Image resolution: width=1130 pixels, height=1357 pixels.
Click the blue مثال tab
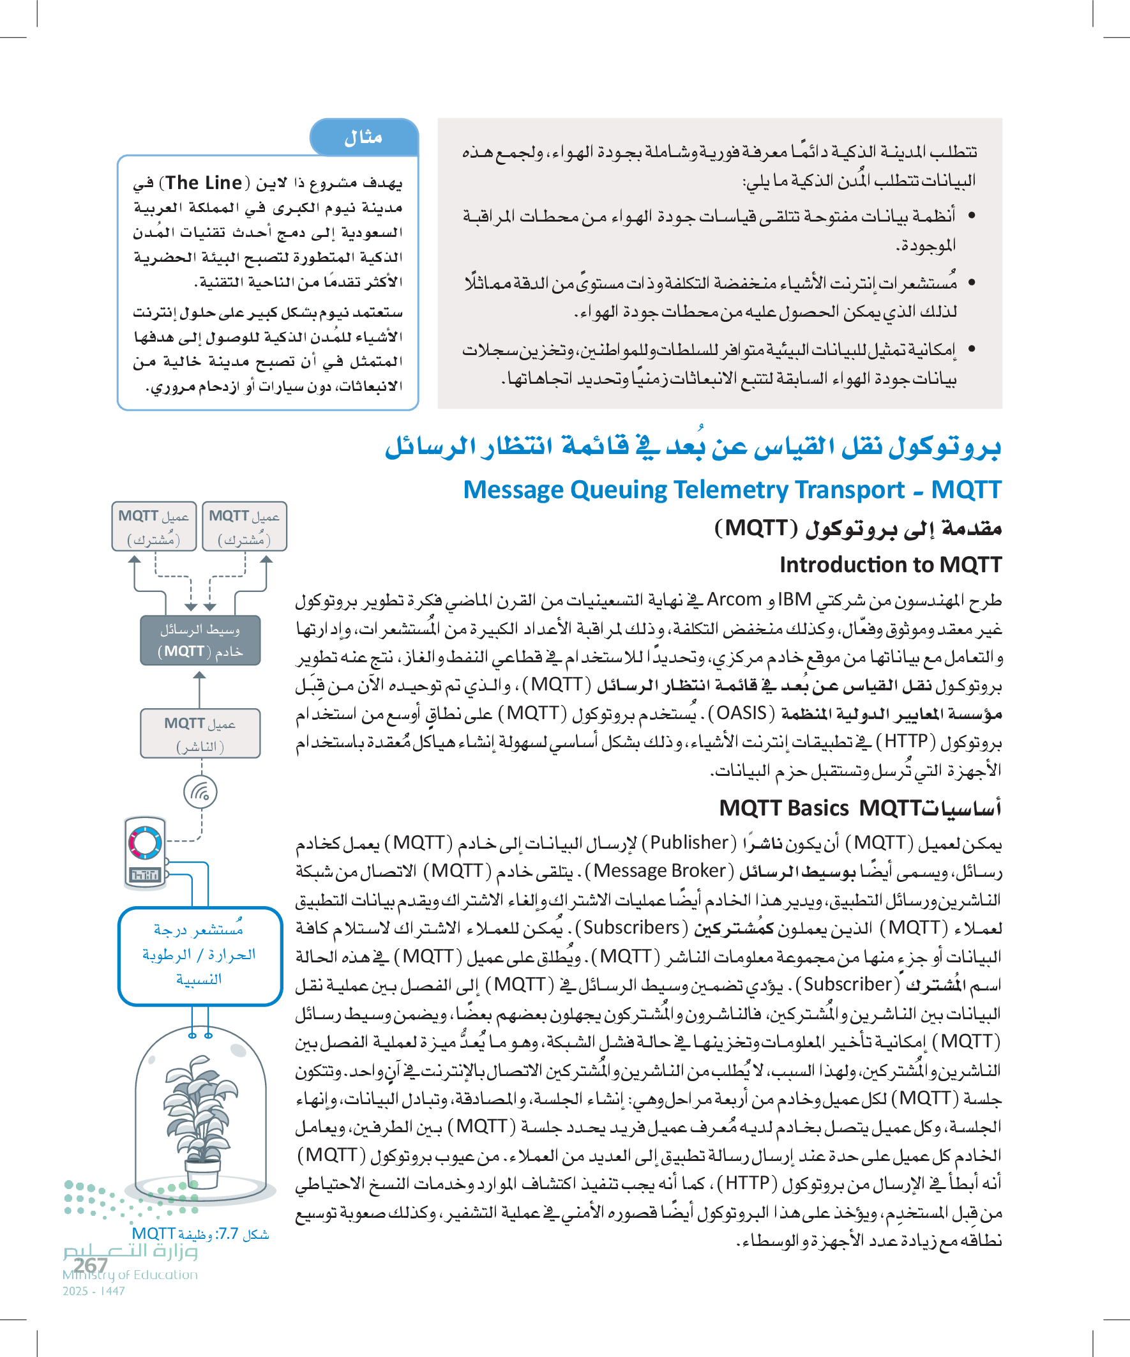pyautogui.click(x=364, y=137)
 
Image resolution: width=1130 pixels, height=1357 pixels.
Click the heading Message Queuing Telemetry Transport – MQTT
pyautogui.click(x=732, y=490)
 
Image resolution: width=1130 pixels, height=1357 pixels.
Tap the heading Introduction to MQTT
pyautogui.click(x=890, y=565)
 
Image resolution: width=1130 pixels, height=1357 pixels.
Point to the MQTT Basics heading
pyautogui.click(x=784, y=808)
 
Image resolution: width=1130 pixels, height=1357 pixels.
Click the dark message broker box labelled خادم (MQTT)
pyautogui.click(x=200, y=641)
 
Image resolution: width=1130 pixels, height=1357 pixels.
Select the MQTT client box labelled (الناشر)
pyautogui.click(x=200, y=734)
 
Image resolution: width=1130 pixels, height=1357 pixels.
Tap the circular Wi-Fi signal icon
pyautogui.click(x=200, y=792)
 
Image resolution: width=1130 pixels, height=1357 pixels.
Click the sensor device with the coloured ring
pyautogui.click(x=146, y=852)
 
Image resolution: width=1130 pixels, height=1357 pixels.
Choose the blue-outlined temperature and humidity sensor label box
pyautogui.click(x=200, y=955)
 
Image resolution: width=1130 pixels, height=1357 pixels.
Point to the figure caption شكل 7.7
pyautogui.click(x=200, y=1234)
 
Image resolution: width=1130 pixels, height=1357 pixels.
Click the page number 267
pyautogui.click(x=91, y=1264)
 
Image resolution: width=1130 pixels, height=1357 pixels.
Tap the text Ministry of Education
pyautogui.click(x=130, y=1275)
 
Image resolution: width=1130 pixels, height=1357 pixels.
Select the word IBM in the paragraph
pyautogui.click(x=794, y=600)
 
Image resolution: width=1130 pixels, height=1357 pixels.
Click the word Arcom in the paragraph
pyautogui.click(x=734, y=600)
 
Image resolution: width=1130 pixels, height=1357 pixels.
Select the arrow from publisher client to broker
pyautogui.click(x=200, y=689)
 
